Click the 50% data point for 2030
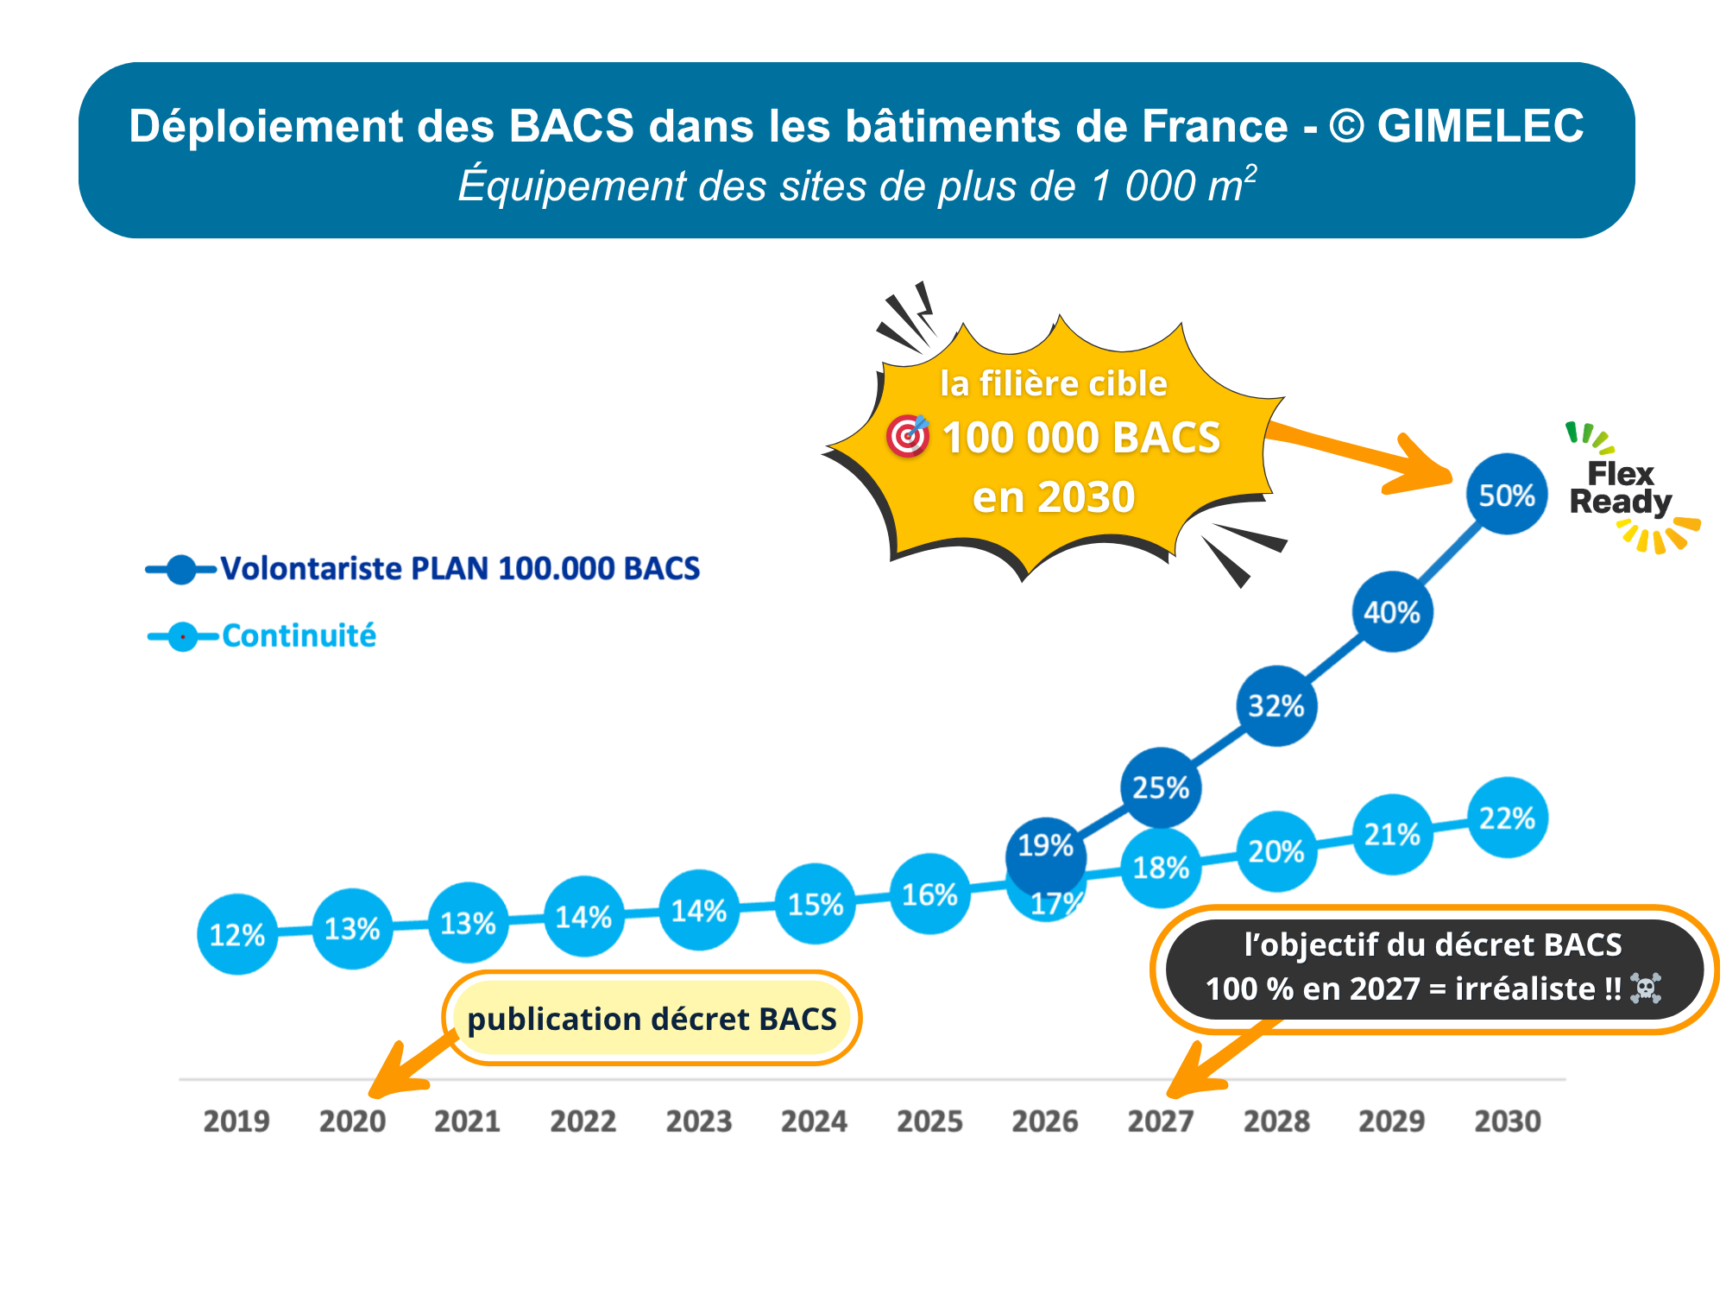coord(1507,495)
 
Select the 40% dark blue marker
coord(1392,612)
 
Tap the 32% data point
coord(1276,706)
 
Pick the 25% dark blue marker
coord(1161,787)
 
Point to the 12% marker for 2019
coord(237,934)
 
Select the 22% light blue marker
coord(1508,818)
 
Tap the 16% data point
coord(929,894)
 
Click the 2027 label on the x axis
coord(1161,1121)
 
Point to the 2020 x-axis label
coord(352,1121)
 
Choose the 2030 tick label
coord(1508,1121)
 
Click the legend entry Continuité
coord(299,636)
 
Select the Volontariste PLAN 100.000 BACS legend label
coord(460,569)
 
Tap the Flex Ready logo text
coord(1621,488)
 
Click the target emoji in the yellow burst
coord(908,435)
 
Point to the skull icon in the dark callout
coord(1646,989)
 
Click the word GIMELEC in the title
coord(1480,126)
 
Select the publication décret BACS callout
coord(652,1019)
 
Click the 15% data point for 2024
coord(815,904)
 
